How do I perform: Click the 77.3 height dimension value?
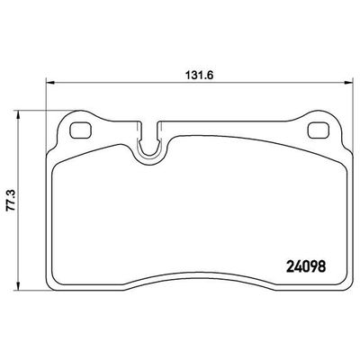pos(11,202)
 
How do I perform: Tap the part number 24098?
pos(306,266)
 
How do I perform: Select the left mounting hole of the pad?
pos(81,130)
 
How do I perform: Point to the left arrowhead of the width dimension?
pos(49,82)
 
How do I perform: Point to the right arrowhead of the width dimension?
pos(349,82)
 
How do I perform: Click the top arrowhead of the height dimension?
pos(19,114)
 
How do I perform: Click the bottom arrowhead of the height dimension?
pos(19,286)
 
